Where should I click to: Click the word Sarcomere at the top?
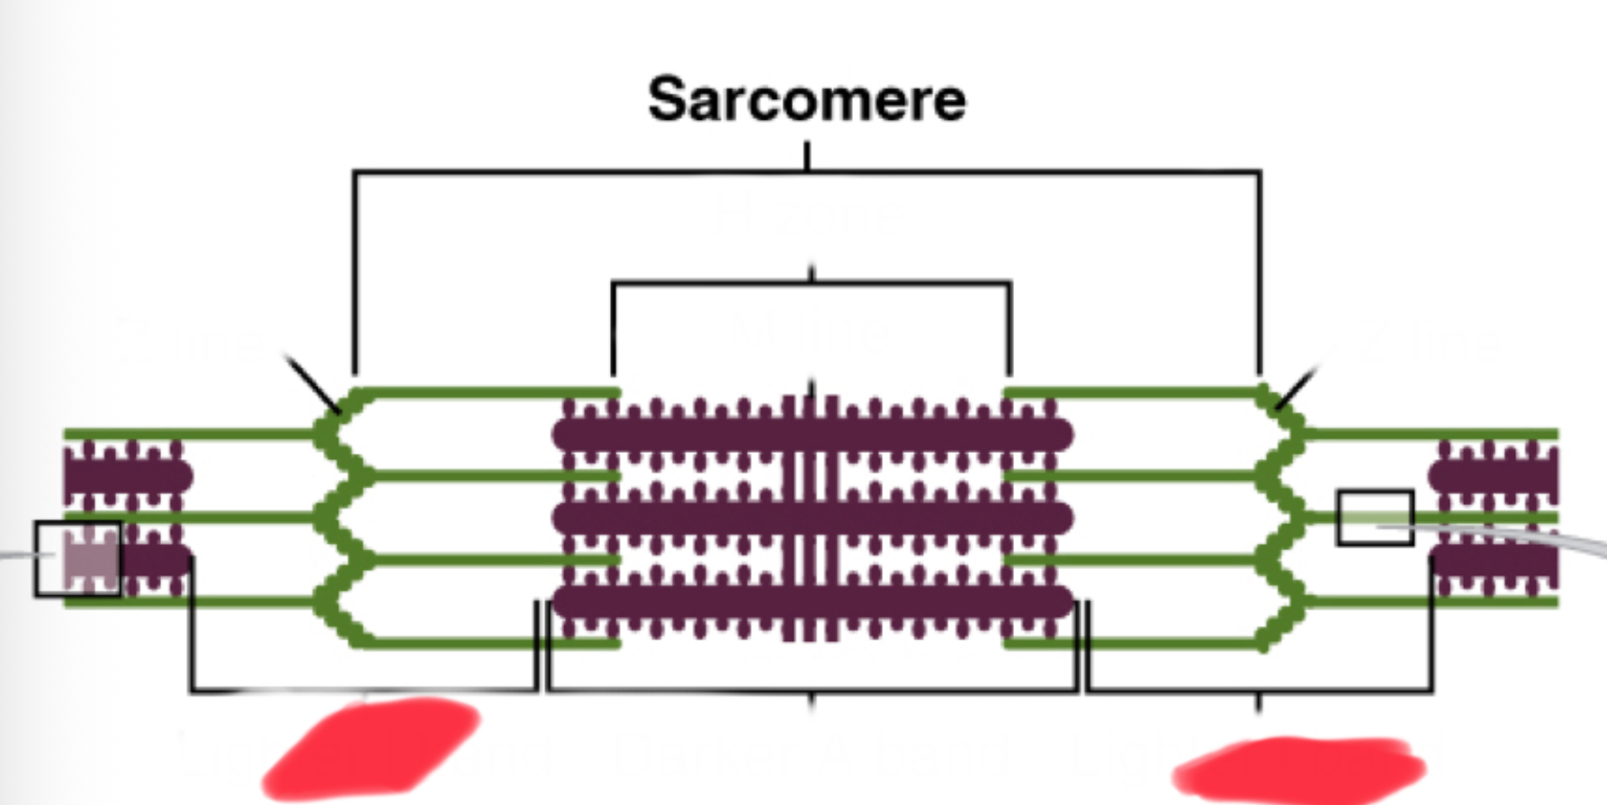point(806,100)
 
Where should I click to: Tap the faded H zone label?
point(807,216)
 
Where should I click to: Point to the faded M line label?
point(809,331)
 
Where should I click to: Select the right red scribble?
point(1298,768)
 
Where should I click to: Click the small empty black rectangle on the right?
point(1374,517)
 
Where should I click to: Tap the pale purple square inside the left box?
point(90,558)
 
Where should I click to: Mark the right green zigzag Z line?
point(1282,517)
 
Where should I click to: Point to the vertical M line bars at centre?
point(811,518)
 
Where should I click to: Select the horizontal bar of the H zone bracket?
point(720,283)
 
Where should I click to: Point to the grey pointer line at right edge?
point(1530,538)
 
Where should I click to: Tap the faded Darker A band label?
point(810,753)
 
